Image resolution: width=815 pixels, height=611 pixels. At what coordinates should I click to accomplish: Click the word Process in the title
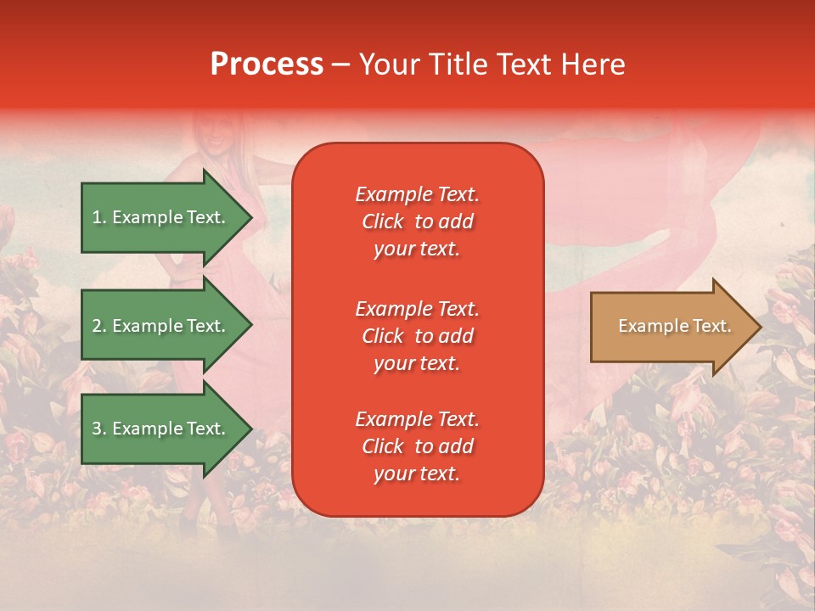coord(267,64)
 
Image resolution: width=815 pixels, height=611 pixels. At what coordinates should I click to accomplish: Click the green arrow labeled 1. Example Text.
coord(167,217)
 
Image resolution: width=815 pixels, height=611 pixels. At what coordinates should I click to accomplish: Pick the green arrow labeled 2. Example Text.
coord(167,325)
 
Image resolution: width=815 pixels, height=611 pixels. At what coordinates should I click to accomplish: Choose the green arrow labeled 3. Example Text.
coord(167,428)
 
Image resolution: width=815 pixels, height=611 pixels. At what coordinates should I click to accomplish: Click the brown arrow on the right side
coord(677,326)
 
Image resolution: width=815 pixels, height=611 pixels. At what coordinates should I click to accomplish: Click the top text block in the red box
coord(418,221)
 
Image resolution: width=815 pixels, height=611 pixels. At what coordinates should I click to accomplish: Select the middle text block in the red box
coord(418,336)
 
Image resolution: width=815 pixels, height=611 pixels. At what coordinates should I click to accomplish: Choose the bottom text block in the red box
coord(418,446)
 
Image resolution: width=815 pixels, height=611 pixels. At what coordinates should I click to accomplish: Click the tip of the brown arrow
coord(762,327)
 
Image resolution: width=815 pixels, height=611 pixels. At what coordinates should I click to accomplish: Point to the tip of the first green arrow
coord(253,218)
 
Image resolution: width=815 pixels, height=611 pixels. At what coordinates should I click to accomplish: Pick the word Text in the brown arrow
coord(712,326)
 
